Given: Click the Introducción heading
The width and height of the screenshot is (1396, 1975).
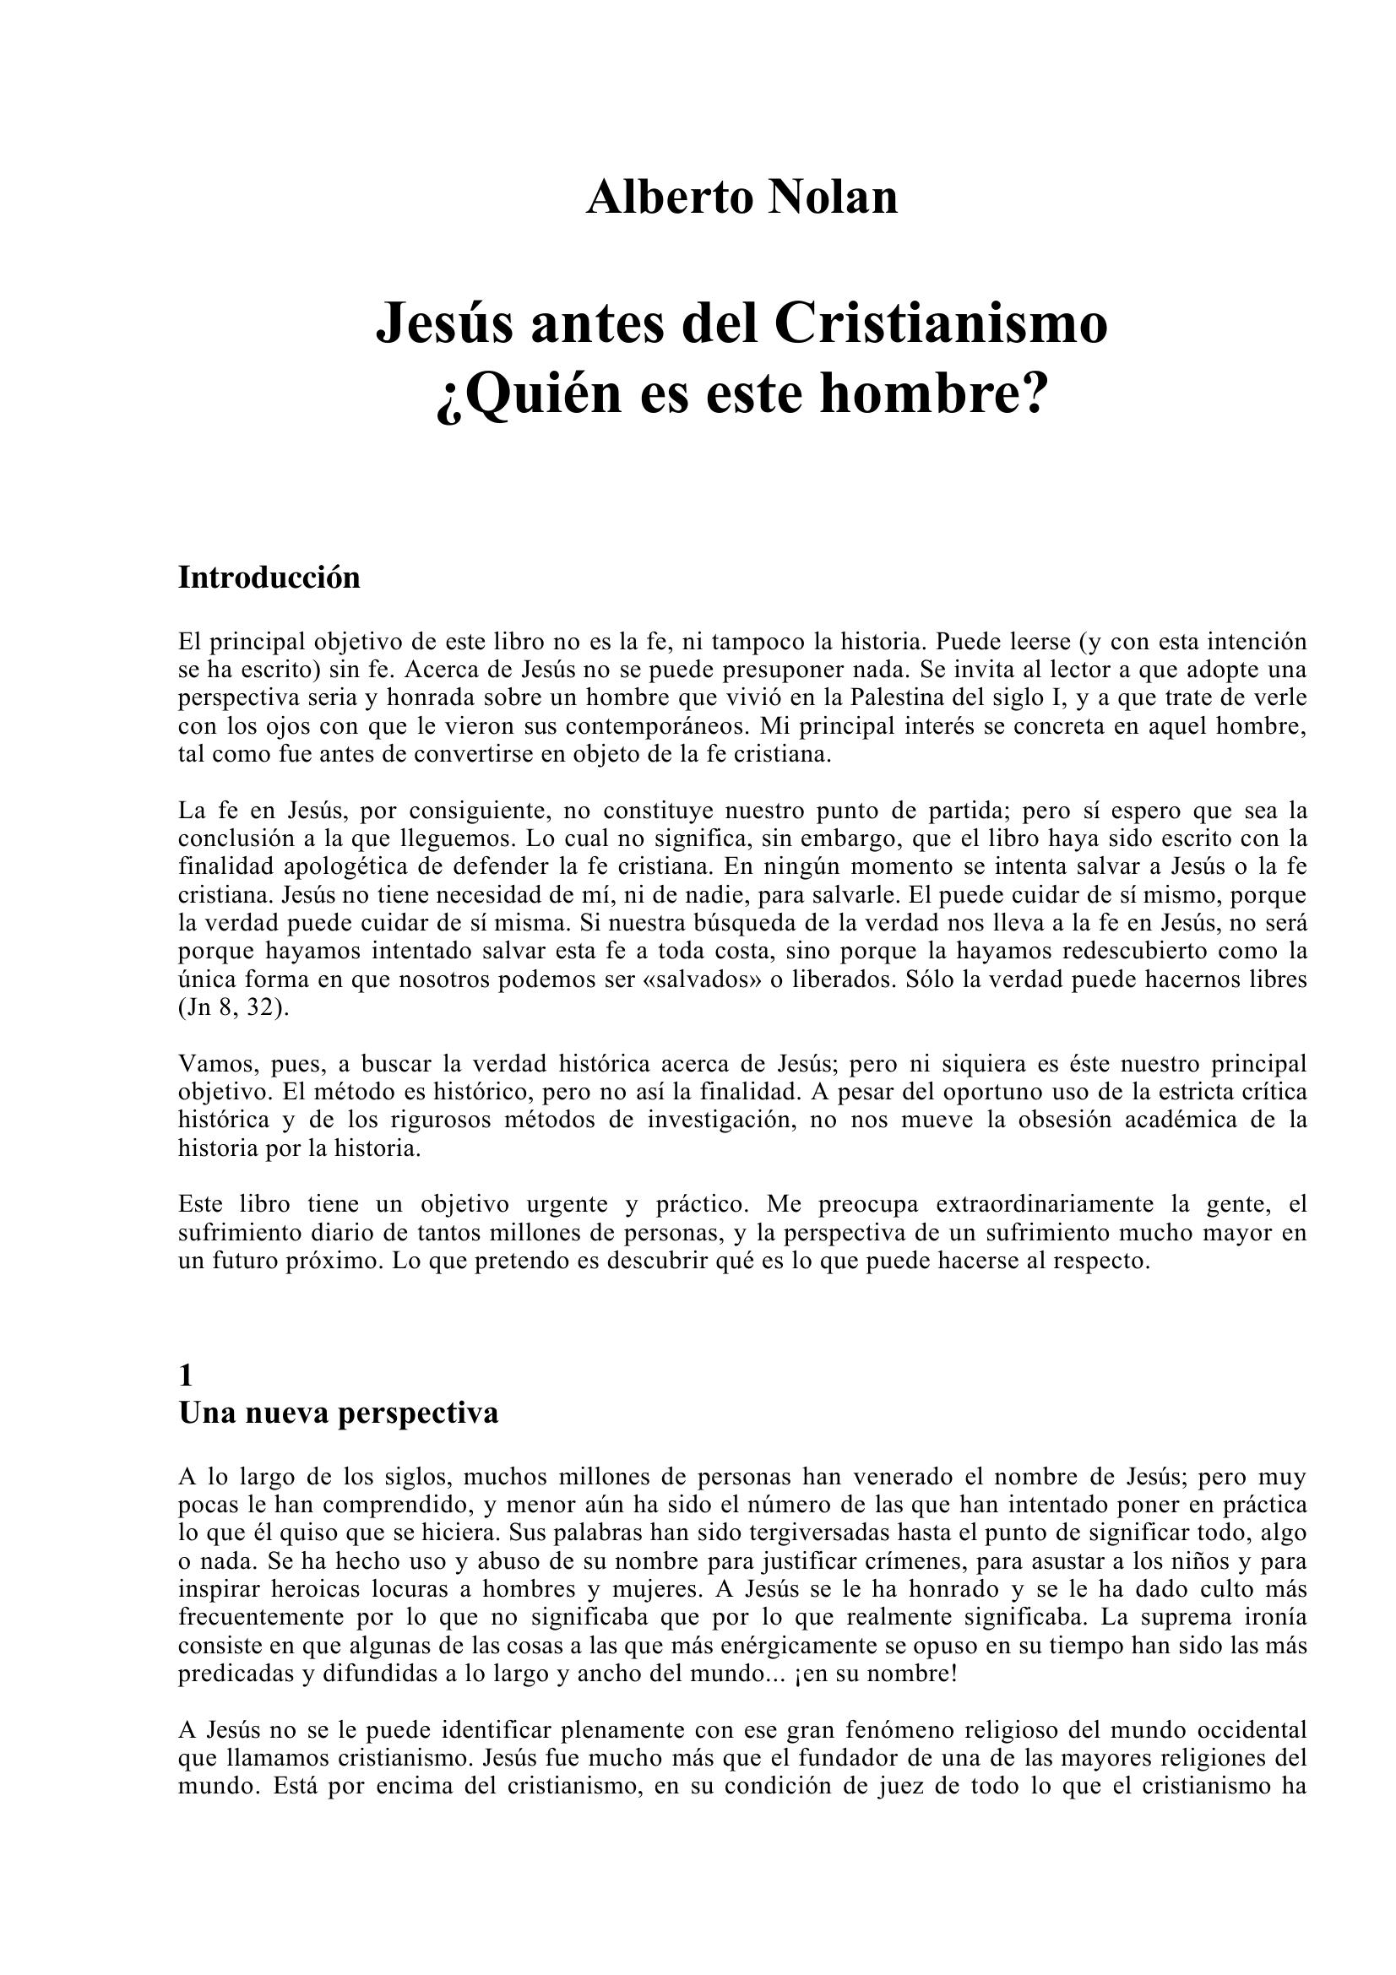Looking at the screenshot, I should pos(269,578).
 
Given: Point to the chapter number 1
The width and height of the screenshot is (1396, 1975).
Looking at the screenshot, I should pos(186,1376).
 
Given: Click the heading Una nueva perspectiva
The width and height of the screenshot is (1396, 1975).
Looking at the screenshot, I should pos(338,1414).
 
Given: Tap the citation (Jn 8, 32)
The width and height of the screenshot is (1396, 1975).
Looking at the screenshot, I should pos(233,1008).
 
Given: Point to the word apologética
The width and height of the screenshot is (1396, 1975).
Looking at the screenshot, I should pos(345,866).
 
